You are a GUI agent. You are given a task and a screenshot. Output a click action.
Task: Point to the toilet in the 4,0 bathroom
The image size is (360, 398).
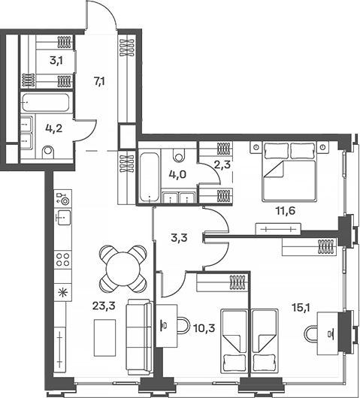point(179,157)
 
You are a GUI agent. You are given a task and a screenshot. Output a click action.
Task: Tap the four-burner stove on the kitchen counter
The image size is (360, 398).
point(63,260)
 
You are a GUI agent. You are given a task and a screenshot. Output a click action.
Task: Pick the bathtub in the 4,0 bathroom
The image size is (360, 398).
point(148,176)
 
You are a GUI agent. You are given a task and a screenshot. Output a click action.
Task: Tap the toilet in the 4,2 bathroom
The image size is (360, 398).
point(49,153)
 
